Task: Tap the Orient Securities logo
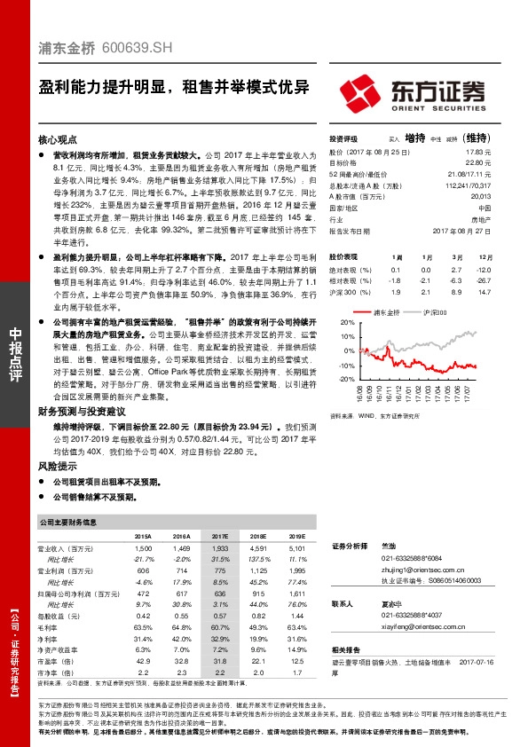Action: coord(414,92)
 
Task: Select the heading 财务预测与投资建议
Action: coord(83,411)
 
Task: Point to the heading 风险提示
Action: coord(58,466)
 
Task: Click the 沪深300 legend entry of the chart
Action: coord(434,313)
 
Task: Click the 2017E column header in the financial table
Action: coord(219,537)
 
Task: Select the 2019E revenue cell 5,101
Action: coord(297,550)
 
